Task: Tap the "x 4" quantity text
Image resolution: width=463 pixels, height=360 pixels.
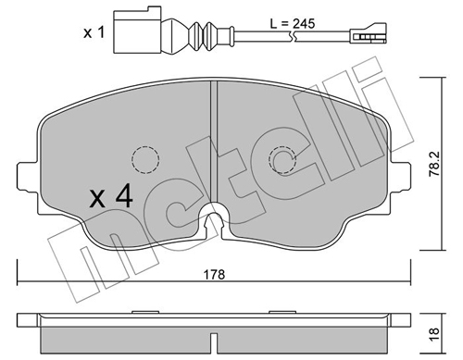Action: [x=112, y=197]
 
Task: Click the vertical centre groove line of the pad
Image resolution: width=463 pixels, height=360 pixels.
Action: [x=215, y=139]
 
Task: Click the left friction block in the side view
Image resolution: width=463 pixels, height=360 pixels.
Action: [x=125, y=334]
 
